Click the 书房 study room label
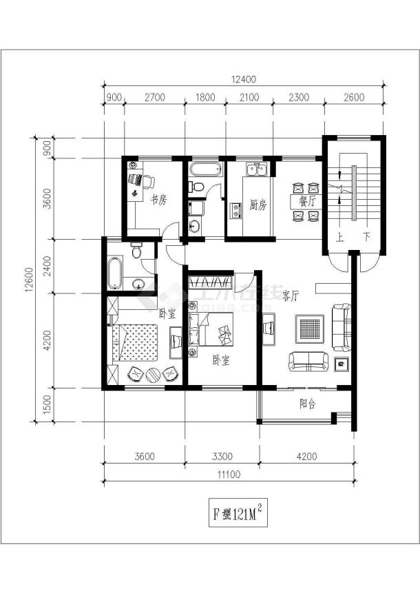[158, 200]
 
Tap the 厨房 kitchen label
[258, 205]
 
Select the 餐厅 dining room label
[307, 202]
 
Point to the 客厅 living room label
[291, 295]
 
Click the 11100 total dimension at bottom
[229, 474]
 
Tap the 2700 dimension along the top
[154, 98]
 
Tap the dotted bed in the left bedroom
[136, 342]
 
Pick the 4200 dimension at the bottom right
[306, 455]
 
